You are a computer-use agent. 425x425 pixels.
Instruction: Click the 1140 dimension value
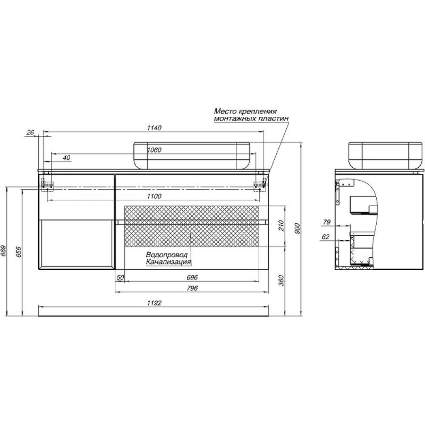point(154,127)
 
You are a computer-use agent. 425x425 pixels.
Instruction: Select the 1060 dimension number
point(154,150)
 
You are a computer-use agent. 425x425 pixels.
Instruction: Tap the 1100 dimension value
point(154,196)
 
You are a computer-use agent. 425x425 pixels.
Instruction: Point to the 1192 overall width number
point(154,303)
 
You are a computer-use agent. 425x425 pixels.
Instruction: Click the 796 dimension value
point(192,288)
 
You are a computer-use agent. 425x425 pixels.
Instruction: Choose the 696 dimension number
point(192,277)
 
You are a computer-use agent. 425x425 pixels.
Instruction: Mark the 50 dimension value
point(120,277)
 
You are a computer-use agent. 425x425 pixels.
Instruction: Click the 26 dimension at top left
point(30,132)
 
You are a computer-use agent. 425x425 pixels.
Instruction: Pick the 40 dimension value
point(66,158)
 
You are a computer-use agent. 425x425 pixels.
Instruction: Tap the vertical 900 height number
point(297,228)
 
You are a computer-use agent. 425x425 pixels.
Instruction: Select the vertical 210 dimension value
point(282,225)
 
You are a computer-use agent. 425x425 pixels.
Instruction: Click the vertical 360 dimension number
point(282,280)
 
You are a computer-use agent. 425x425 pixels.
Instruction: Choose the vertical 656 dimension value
point(19,252)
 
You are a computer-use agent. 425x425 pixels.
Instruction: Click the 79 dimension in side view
point(327,222)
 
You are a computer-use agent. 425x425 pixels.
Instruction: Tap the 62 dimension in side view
point(325,236)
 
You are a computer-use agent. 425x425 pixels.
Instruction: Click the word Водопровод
point(167,255)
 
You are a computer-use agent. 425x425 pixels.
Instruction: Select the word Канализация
point(168,262)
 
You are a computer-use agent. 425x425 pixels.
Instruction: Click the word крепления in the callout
point(258,112)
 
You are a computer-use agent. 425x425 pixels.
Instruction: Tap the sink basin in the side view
point(385,155)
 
